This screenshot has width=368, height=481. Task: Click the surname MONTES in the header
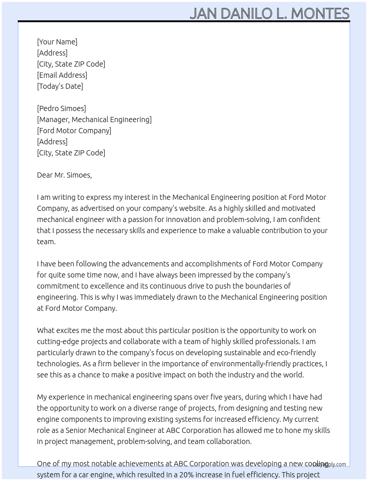coord(320,14)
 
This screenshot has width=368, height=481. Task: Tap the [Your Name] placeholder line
coord(57,42)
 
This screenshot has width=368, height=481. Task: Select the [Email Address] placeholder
coord(62,75)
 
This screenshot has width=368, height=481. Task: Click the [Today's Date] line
coord(60,86)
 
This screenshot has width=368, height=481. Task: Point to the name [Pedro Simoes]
coord(61,108)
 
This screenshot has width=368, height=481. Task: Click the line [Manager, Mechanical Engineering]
coord(94,120)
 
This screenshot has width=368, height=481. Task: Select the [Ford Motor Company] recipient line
coord(74,131)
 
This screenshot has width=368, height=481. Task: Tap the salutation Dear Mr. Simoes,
coord(64,175)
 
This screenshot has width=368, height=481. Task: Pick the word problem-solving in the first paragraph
coord(243,219)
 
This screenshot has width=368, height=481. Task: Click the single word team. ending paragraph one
coord(46,242)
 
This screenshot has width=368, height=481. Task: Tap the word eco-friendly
coord(295,353)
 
